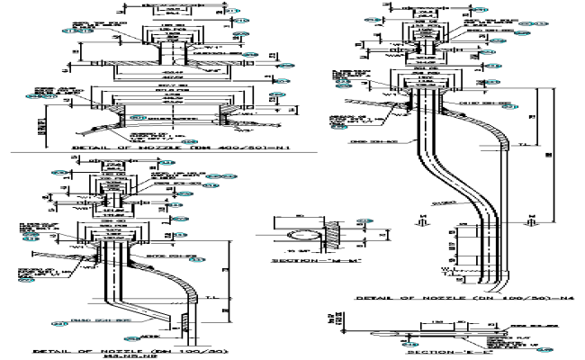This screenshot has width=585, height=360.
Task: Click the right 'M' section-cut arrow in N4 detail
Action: point(531,219)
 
